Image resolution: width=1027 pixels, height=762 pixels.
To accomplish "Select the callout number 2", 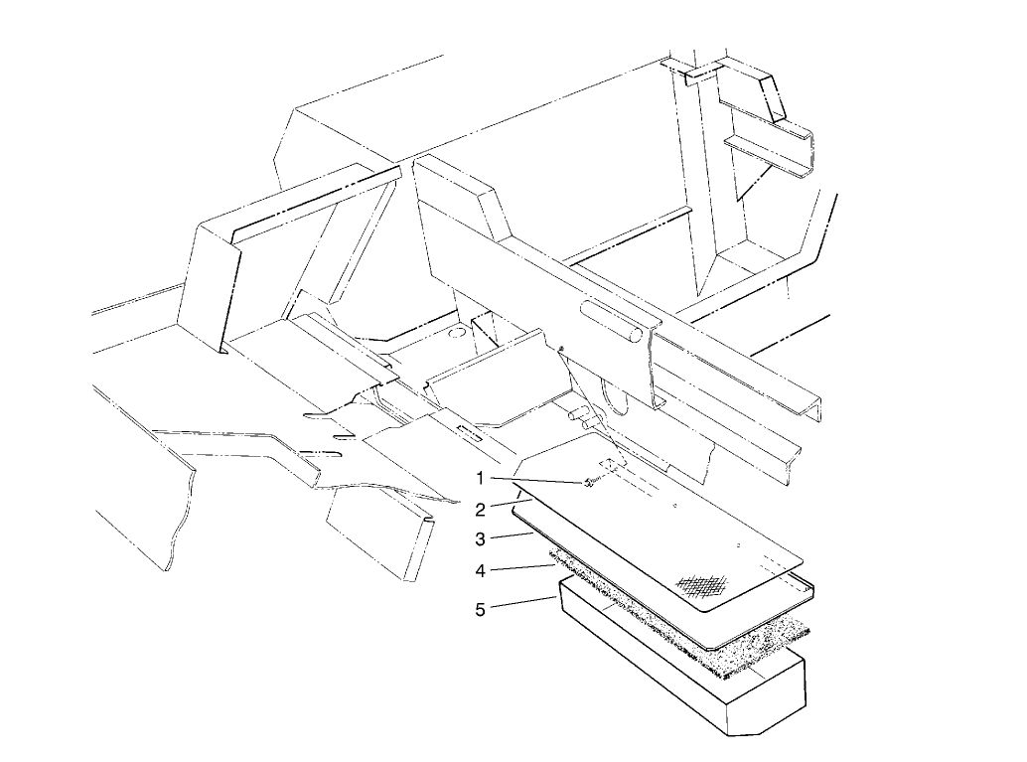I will [x=480, y=510].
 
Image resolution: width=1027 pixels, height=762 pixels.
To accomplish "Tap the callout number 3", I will [x=480, y=539].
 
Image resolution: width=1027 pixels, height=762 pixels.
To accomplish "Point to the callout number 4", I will [x=480, y=571].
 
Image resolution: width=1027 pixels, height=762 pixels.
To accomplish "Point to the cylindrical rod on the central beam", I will [x=610, y=323].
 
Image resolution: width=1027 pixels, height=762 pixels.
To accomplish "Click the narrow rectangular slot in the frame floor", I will [x=471, y=433].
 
